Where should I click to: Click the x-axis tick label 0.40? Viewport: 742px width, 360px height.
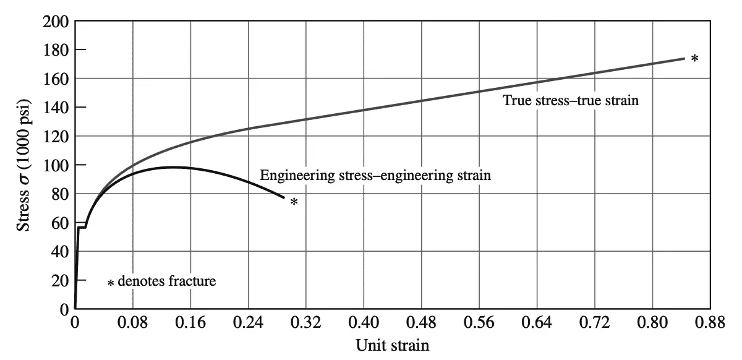point(364,323)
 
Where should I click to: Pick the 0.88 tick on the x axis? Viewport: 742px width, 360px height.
point(710,323)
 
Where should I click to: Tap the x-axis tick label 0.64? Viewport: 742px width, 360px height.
point(537,323)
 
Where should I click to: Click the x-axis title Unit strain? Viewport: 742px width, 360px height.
point(392,345)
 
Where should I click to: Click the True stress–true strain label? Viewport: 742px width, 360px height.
point(570,100)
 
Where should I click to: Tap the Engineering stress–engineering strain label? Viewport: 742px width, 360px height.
point(375,175)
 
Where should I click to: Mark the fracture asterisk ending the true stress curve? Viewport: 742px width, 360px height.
point(694,59)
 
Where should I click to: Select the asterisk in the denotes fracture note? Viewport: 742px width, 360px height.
point(111,283)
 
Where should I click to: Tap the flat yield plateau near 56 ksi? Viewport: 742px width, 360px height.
point(82,228)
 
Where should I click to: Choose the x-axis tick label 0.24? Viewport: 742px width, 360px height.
point(248,323)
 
